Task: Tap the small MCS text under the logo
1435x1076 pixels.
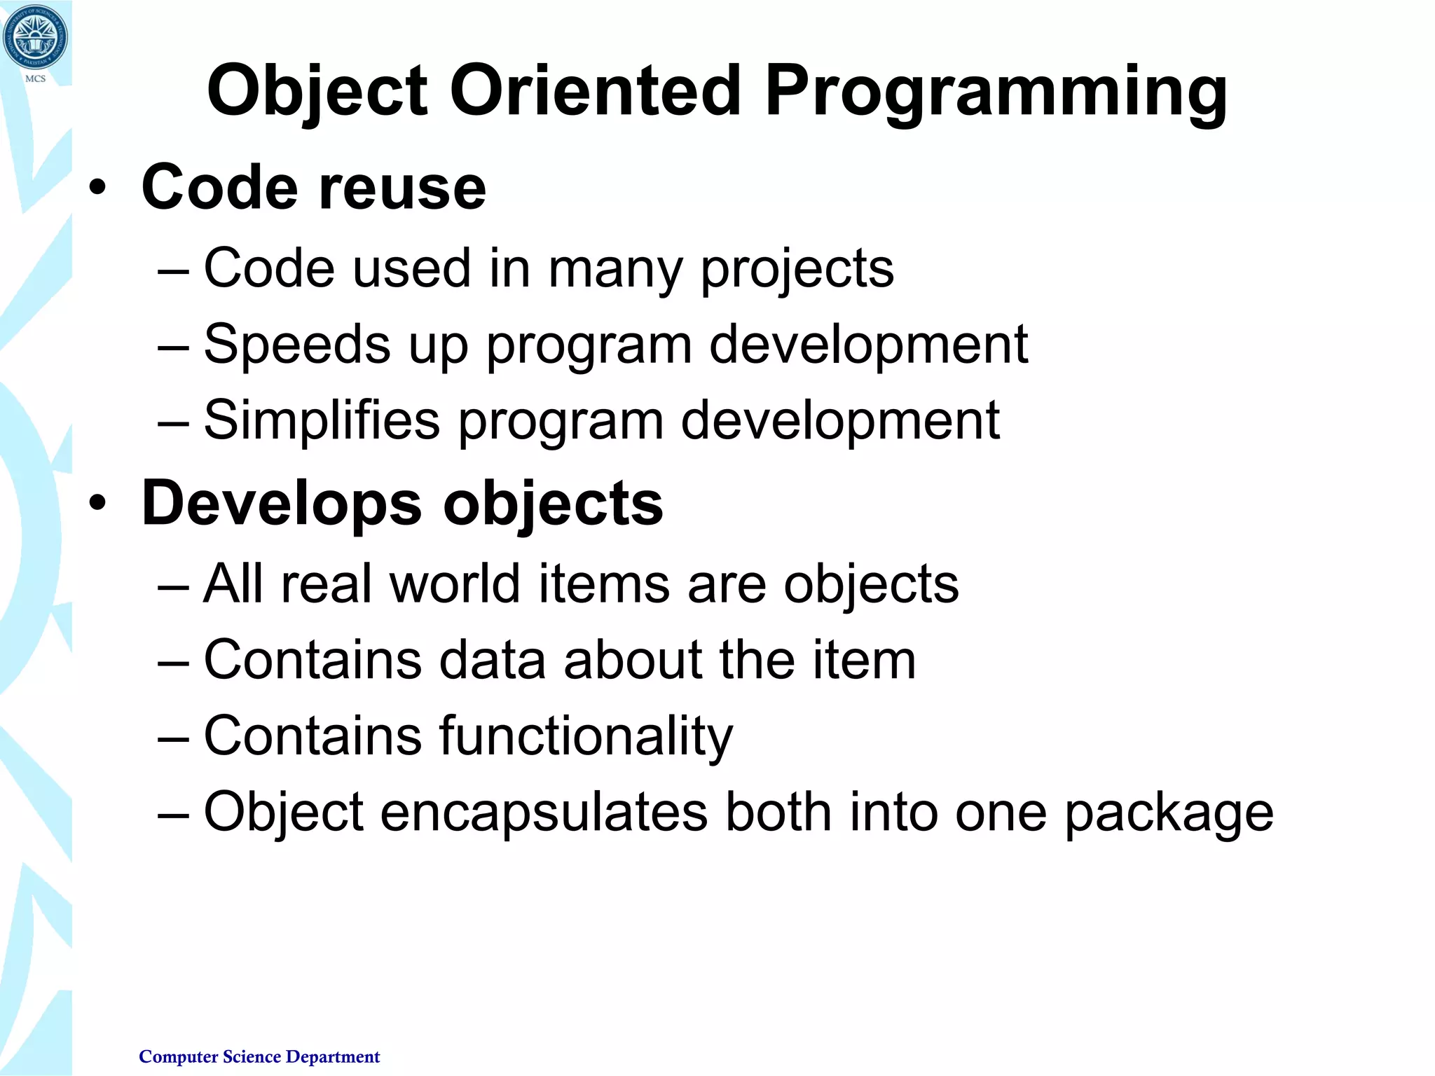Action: click(x=35, y=79)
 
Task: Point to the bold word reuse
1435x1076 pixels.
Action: click(x=402, y=188)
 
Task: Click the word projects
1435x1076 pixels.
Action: click(x=797, y=270)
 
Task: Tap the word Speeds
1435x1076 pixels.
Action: click(x=296, y=344)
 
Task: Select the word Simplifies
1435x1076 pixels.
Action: click(x=322, y=420)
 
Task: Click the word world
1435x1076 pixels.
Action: click(x=454, y=584)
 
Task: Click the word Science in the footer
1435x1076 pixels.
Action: click(x=252, y=1056)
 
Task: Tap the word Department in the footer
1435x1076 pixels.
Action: click(x=333, y=1057)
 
